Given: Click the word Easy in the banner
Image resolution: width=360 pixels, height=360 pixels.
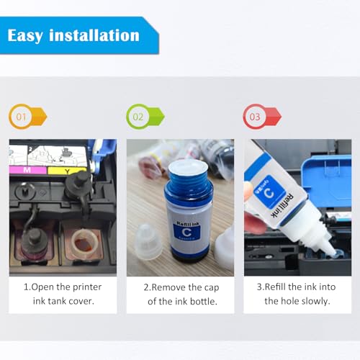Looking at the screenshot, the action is tap(25, 36).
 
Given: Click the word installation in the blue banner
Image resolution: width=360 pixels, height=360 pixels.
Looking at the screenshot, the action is tap(94, 35).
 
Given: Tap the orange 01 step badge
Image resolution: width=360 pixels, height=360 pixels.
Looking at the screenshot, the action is tap(27, 117).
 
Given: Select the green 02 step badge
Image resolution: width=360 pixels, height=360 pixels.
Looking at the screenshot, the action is tap(145, 117).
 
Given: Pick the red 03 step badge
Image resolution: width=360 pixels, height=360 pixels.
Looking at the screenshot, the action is tap(262, 117).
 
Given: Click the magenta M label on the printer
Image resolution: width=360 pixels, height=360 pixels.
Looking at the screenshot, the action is tap(27, 170).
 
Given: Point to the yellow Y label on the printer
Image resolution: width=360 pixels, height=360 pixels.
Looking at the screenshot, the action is tap(67, 171).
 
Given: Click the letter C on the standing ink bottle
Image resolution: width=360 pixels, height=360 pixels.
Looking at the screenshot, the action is tap(186, 232).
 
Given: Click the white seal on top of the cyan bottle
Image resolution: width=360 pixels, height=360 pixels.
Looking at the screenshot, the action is tap(188, 167).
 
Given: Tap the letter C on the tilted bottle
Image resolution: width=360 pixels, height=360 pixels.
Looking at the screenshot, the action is tap(269, 192).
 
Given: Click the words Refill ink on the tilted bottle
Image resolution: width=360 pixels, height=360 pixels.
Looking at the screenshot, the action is tap(283, 205).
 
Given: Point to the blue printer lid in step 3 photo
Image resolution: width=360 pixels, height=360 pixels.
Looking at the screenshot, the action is tap(327, 181).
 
